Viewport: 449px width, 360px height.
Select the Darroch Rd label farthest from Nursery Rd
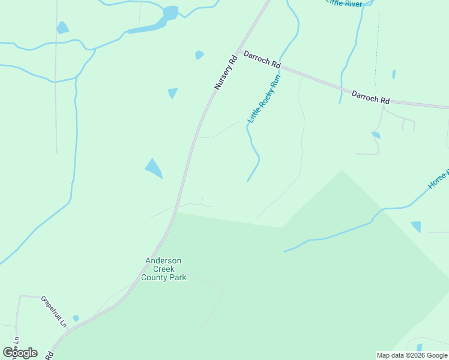coord(370,97)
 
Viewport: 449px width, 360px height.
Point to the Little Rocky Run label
coord(265,99)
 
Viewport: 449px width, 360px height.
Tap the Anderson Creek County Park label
coord(164,269)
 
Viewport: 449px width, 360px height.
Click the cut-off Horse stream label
coord(439,179)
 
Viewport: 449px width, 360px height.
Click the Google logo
coord(20,353)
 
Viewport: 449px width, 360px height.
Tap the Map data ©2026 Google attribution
coord(412,355)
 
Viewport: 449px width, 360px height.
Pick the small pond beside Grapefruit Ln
coord(76,318)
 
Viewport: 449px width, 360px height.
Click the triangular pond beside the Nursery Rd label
coord(173,93)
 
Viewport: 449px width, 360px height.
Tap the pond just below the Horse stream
coord(416,226)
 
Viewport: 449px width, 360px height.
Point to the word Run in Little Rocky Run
coord(276,81)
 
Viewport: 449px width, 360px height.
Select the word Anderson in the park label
coord(164,260)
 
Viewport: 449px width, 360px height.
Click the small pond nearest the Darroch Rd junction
coord(199,55)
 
